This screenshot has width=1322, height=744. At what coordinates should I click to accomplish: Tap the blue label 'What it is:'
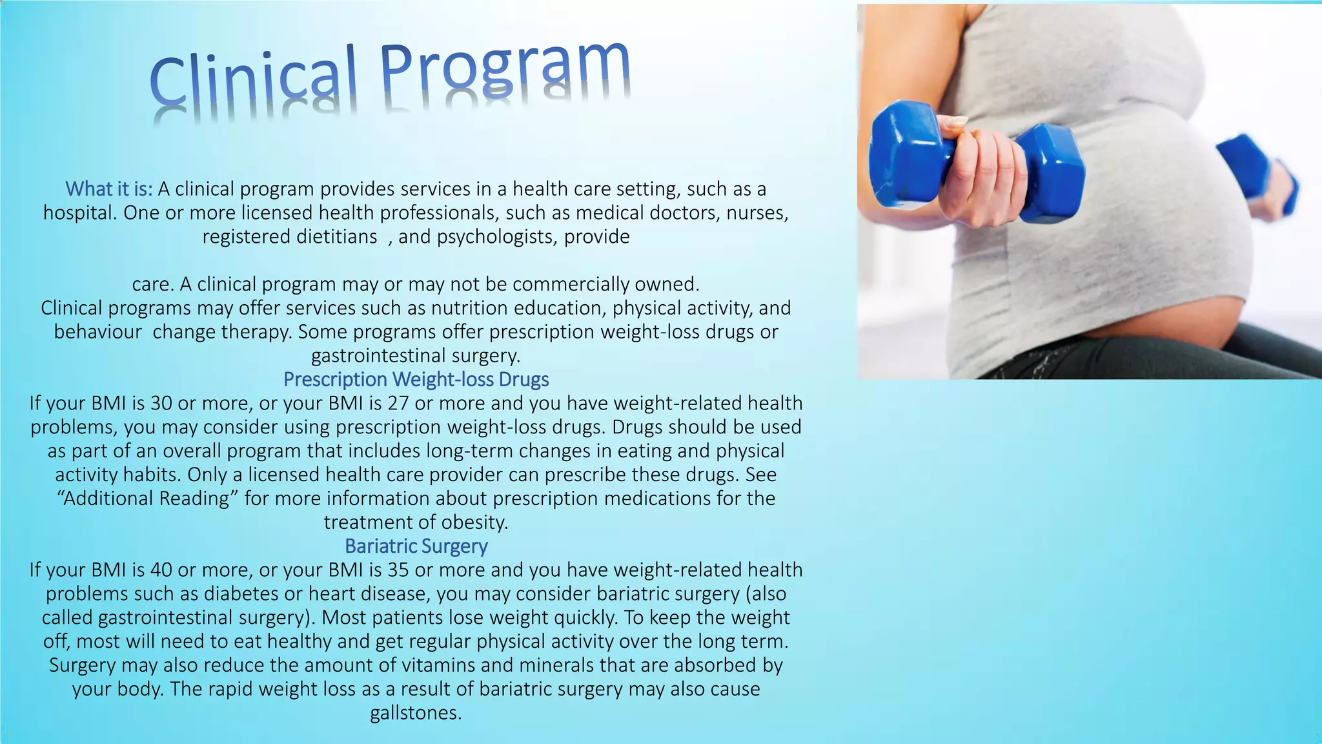coord(109,189)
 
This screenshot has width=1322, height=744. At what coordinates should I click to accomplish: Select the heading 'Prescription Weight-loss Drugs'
coord(416,379)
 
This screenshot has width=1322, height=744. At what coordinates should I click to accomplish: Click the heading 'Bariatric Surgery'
coord(416,546)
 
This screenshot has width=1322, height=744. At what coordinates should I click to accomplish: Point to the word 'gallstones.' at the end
coord(416,713)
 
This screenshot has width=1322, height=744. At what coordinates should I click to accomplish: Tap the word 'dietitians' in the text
coord(336,236)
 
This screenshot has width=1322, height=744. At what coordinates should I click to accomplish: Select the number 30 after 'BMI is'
coord(161,403)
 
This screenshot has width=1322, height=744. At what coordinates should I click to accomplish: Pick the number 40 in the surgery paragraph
coord(161,570)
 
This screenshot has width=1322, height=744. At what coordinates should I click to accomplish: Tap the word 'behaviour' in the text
coord(97,332)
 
